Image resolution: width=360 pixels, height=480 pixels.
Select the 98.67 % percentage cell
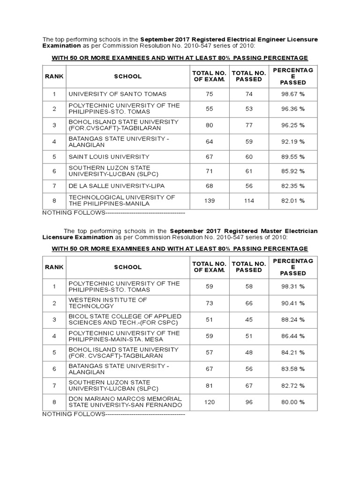click(292, 94)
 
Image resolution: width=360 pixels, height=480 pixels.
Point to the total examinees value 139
click(209, 201)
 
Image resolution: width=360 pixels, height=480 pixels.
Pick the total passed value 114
click(249, 201)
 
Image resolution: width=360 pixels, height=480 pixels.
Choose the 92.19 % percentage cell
click(292, 141)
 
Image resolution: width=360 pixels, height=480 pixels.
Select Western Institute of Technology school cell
click(108, 303)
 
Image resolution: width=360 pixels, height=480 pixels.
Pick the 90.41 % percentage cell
click(292, 303)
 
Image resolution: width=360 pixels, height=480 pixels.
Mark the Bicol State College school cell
click(125, 319)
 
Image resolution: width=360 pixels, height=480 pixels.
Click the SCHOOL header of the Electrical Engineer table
click(127, 76)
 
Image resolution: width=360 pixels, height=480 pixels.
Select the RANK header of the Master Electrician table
click(54, 267)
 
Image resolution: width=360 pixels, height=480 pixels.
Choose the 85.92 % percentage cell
click(292, 172)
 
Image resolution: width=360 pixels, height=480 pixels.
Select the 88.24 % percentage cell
click(292, 319)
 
